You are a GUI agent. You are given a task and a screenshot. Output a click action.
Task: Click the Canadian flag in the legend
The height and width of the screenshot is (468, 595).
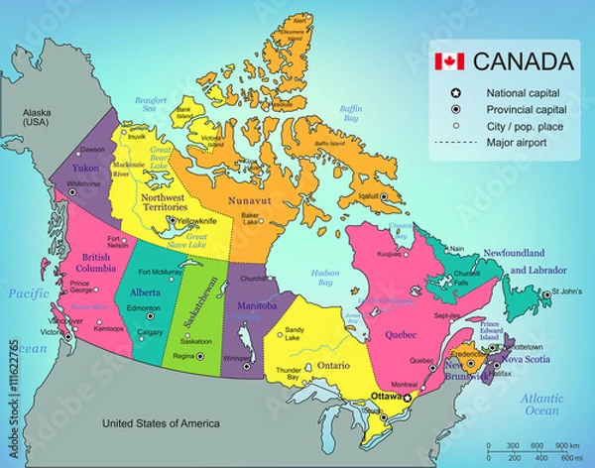448,61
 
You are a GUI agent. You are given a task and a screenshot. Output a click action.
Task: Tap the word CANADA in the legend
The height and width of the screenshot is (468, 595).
523,61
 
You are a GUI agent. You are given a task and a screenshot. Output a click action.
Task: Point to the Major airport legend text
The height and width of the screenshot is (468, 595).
518,142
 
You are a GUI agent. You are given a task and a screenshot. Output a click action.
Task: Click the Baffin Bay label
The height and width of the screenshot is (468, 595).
351,112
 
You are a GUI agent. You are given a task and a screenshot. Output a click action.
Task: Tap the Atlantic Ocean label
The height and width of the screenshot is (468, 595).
541,404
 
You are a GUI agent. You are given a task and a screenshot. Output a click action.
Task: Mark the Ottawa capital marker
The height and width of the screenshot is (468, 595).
407,397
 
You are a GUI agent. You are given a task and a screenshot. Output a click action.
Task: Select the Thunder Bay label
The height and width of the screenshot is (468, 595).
288,376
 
